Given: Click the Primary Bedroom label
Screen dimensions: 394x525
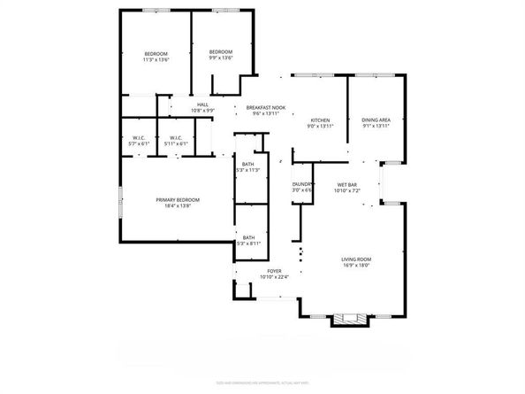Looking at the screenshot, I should (x=178, y=200).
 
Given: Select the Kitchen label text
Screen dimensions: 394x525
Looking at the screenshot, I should (x=319, y=120).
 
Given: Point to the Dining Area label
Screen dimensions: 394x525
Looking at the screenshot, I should (x=376, y=120).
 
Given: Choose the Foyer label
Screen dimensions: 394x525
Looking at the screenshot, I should (x=274, y=272).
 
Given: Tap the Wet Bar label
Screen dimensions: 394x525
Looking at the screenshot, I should (x=346, y=184).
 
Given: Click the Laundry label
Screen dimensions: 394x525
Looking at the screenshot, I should (x=302, y=184).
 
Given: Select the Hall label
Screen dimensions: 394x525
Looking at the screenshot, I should (x=202, y=105).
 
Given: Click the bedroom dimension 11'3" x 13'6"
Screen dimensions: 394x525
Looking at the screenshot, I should (x=156, y=60).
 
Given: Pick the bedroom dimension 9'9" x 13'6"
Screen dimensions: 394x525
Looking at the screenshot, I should (x=220, y=59).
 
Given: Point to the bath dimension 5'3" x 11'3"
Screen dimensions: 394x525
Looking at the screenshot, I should (x=249, y=170).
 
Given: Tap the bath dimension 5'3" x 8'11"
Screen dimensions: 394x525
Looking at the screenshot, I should (x=249, y=242).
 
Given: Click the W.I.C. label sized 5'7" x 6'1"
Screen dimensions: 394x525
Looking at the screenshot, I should (x=139, y=143).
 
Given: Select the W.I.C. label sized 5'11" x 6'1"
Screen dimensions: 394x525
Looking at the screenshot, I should (x=175, y=143).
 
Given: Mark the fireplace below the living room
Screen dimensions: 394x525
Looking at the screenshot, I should (x=346, y=319).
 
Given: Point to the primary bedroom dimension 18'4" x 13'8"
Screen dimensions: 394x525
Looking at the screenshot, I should (x=178, y=206).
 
